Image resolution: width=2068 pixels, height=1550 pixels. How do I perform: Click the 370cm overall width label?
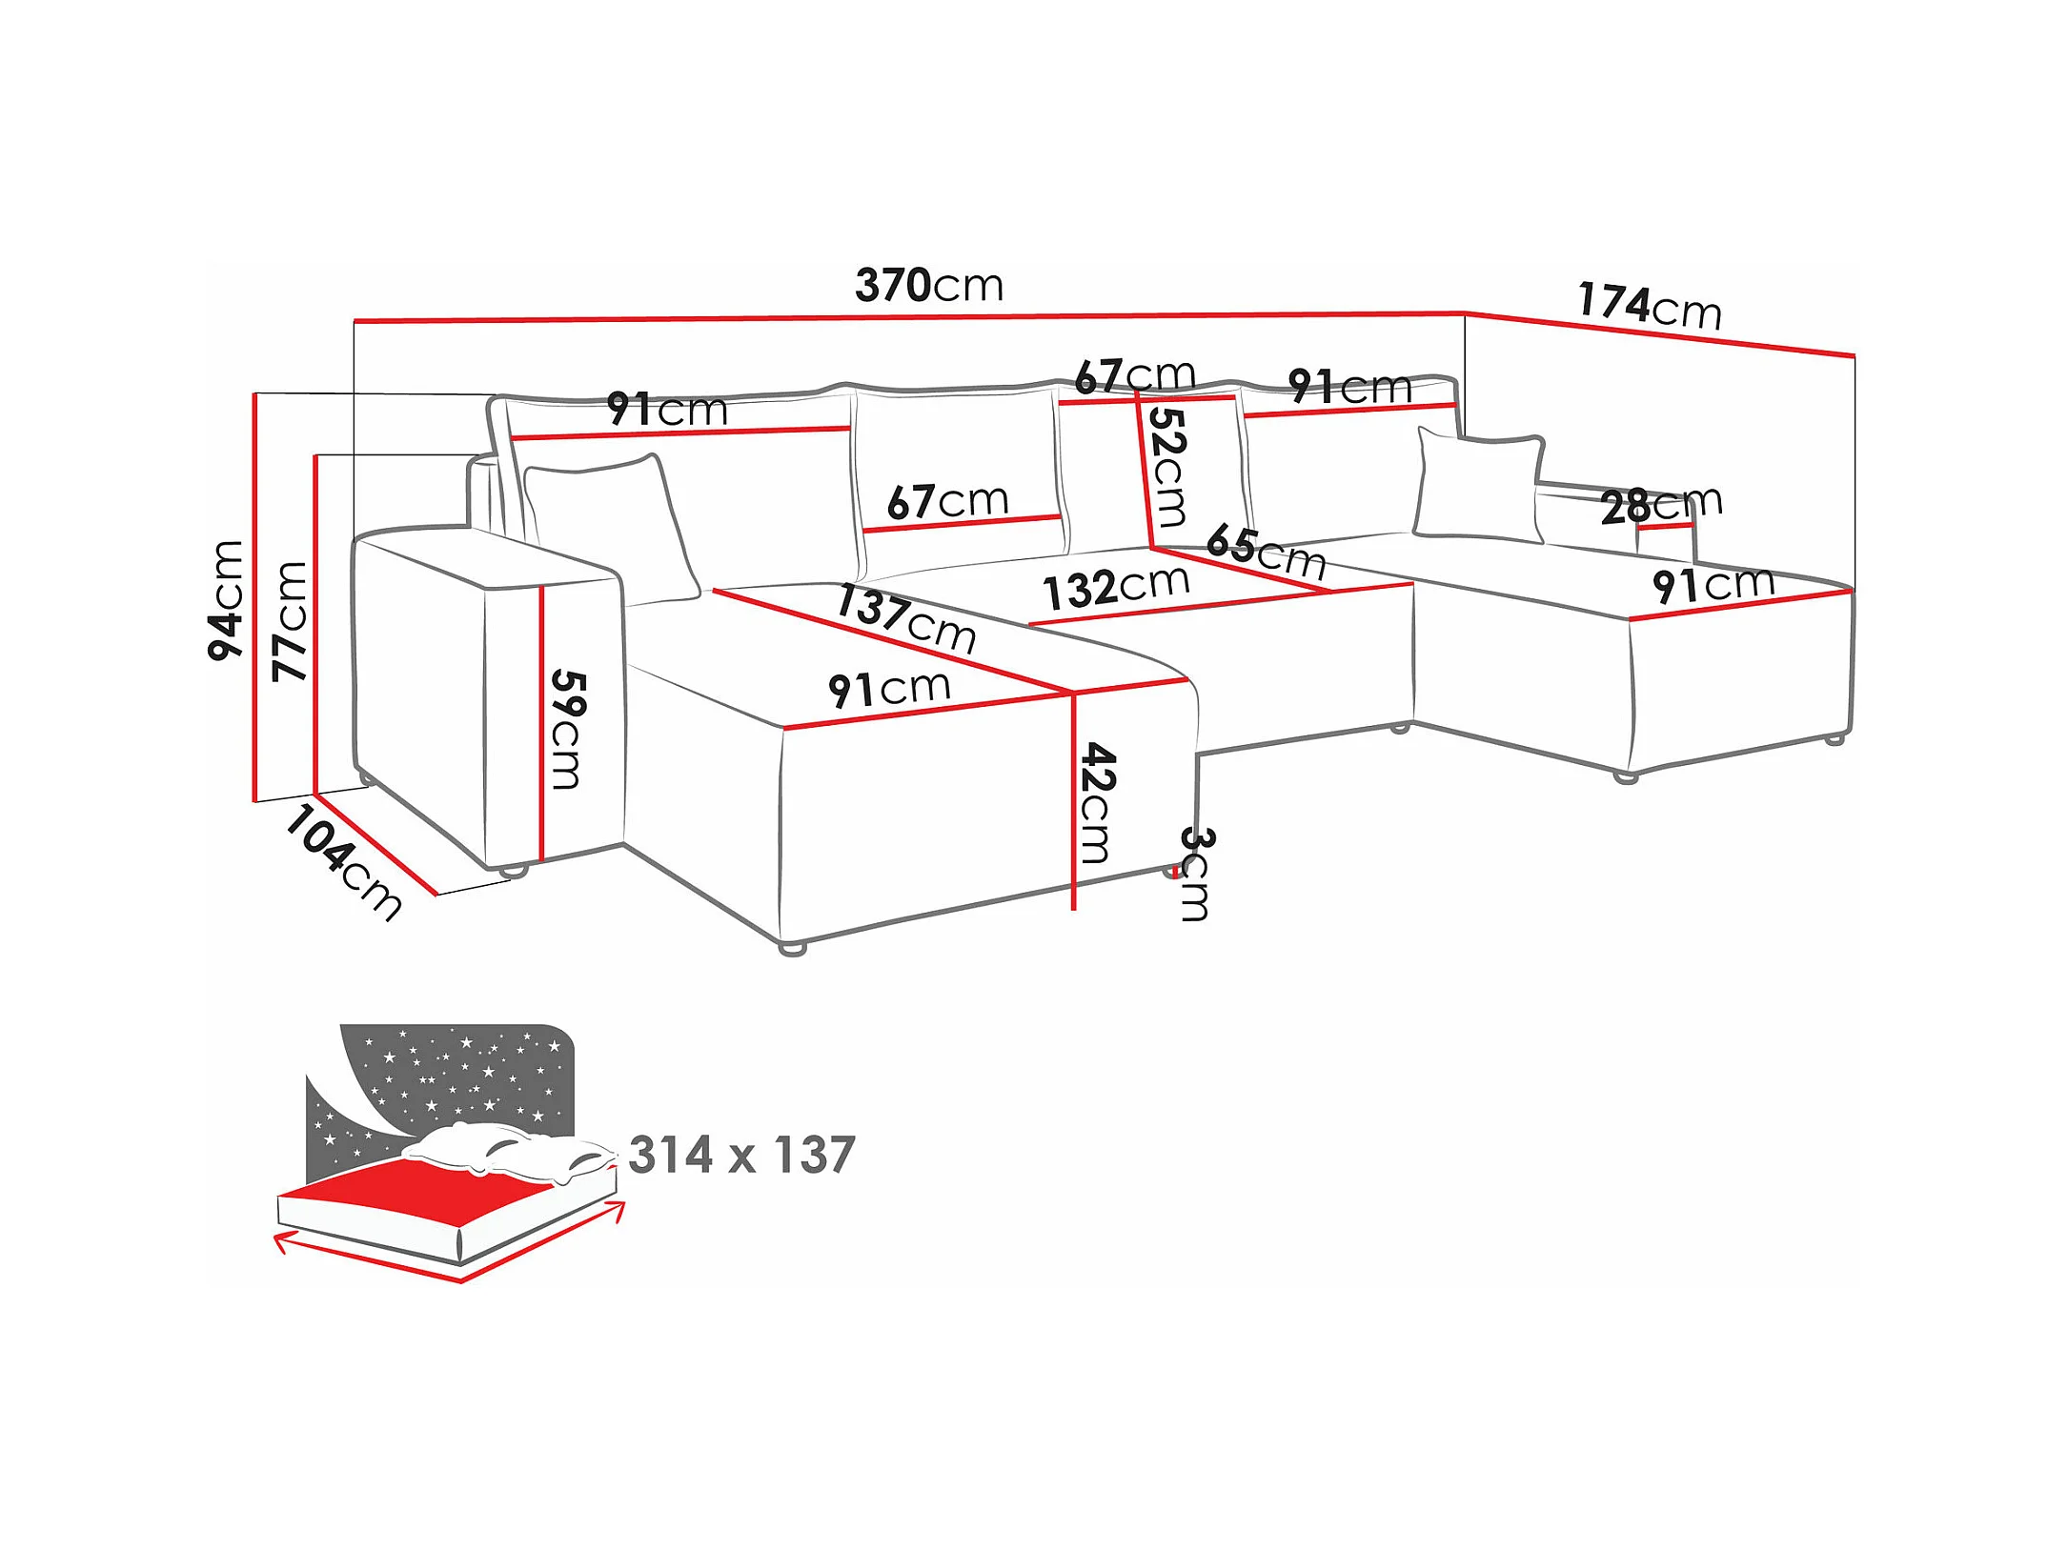tap(929, 285)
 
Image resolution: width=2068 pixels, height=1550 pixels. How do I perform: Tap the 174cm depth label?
tap(1650, 306)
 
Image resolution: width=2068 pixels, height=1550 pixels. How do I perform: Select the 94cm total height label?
tap(227, 600)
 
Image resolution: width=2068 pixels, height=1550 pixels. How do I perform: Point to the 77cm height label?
tap(290, 621)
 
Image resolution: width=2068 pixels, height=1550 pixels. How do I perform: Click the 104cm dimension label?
tap(343, 862)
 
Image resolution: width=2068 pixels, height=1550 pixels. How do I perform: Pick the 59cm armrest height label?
tap(568, 730)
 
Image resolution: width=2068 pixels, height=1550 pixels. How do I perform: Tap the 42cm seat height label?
tap(1098, 803)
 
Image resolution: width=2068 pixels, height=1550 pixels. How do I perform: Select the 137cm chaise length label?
tap(906, 618)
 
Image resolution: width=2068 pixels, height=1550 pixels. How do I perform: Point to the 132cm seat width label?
tap(1116, 586)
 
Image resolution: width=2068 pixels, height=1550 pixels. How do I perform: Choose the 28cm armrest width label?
tap(1661, 504)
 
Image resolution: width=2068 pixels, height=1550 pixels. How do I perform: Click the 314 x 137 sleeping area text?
tap(742, 1155)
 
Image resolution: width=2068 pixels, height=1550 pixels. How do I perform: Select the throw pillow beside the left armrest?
tap(610, 529)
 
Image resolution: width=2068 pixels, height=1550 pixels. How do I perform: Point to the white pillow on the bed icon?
tap(505, 1151)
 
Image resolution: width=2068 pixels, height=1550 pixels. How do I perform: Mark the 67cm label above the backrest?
tap(1134, 375)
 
